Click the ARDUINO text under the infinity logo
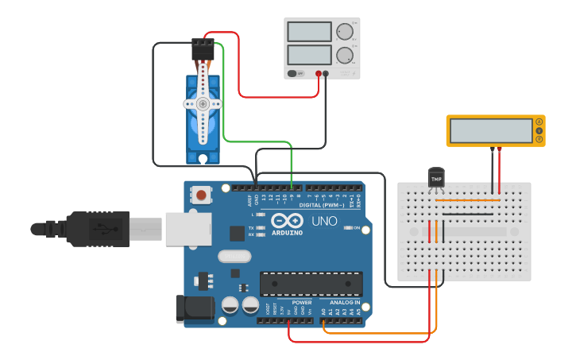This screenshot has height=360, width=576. click(288, 232)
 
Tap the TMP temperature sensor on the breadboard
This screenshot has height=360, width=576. click(435, 179)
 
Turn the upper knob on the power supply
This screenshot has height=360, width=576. click(344, 32)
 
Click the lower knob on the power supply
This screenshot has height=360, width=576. click(344, 55)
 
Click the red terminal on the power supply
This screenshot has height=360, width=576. click(318, 73)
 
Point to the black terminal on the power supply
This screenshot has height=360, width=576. click(326, 73)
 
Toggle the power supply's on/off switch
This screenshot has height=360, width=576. click(296, 73)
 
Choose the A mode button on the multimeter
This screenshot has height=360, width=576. click(539, 122)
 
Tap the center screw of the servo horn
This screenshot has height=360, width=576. click(203, 103)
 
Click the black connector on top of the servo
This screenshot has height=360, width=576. click(203, 50)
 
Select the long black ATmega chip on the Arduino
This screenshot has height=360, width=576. click(311, 284)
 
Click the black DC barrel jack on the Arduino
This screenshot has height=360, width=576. click(194, 309)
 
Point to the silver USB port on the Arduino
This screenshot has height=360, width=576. click(188, 228)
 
